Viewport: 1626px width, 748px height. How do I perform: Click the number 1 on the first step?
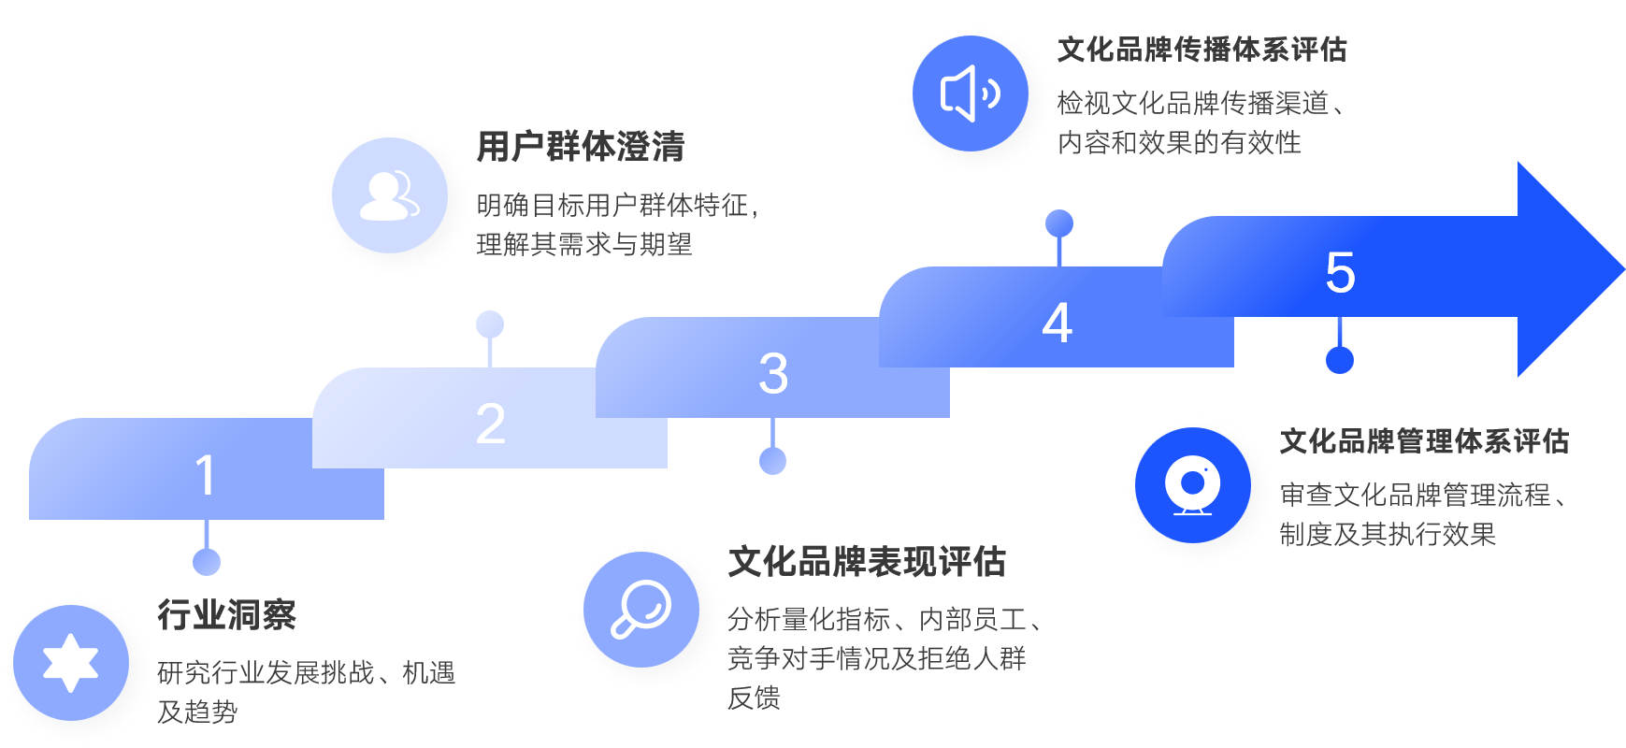tap(206, 475)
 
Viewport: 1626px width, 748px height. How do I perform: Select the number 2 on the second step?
tap(490, 424)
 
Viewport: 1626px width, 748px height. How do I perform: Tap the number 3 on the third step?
tap(773, 373)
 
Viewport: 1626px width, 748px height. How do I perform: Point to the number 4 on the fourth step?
tap(1057, 323)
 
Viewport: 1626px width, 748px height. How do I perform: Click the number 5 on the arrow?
tap(1340, 272)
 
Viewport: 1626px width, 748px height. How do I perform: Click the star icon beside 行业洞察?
tap(71, 663)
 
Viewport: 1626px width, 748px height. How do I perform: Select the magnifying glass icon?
tap(641, 609)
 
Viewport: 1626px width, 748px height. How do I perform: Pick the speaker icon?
tap(970, 93)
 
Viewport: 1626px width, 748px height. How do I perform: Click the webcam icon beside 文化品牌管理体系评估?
tap(1192, 485)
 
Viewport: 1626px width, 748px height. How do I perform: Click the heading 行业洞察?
tap(226, 615)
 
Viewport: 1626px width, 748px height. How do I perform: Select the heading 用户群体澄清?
tap(580, 147)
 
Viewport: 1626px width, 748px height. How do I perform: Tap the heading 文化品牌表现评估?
tap(866, 562)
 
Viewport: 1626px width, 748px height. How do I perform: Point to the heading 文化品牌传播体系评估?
tap(1202, 50)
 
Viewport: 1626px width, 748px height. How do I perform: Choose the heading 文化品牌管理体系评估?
tap(1423, 441)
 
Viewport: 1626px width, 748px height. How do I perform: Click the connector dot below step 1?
tap(207, 562)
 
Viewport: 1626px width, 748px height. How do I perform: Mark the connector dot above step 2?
tap(490, 324)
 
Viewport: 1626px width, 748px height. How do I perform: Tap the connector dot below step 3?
tap(772, 460)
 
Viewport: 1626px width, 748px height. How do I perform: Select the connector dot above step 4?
tap(1058, 223)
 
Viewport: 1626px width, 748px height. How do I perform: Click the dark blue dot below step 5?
tap(1340, 360)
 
